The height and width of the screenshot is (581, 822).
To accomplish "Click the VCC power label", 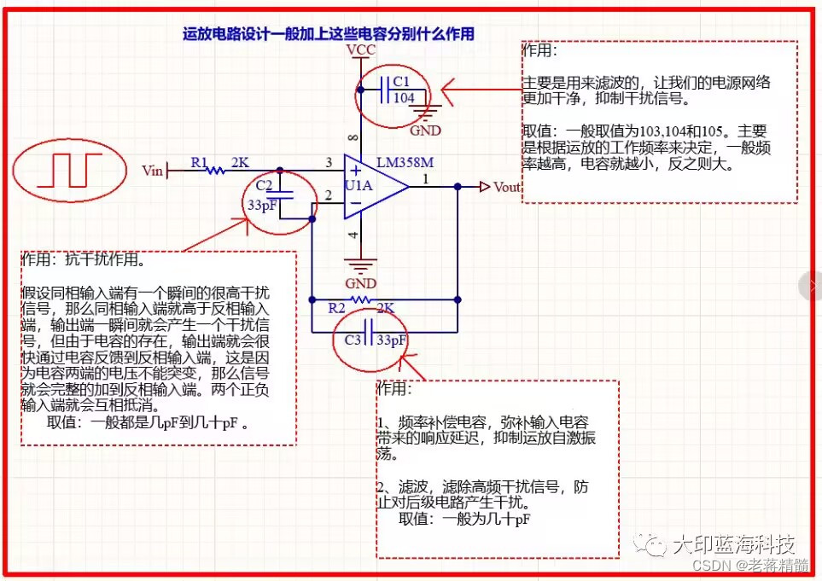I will tap(360, 51).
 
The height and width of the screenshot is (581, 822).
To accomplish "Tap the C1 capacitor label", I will tap(401, 82).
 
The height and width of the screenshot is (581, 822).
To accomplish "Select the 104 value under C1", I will tap(404, 98).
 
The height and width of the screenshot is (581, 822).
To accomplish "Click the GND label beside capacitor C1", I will tap(425, 131).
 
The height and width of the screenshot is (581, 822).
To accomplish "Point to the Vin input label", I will tap(153, 171).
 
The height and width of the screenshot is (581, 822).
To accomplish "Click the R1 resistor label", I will tap(198, 161).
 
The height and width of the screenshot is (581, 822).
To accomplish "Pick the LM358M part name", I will tap(405, 162).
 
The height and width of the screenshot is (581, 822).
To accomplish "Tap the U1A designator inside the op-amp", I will tap(357, 186).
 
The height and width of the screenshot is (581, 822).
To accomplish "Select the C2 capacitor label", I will tap(264, 187).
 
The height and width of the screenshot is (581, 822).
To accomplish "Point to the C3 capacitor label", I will tap(353, 340).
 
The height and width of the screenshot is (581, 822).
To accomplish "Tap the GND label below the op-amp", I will tap(361, 283).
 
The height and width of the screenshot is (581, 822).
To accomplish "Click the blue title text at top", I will tap(329, 34).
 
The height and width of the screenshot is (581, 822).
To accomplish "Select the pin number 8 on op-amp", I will tap(354, 137).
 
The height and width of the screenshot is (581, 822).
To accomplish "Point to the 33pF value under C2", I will tap(262, 206).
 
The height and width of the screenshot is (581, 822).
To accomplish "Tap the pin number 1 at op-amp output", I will tap(426, 178).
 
